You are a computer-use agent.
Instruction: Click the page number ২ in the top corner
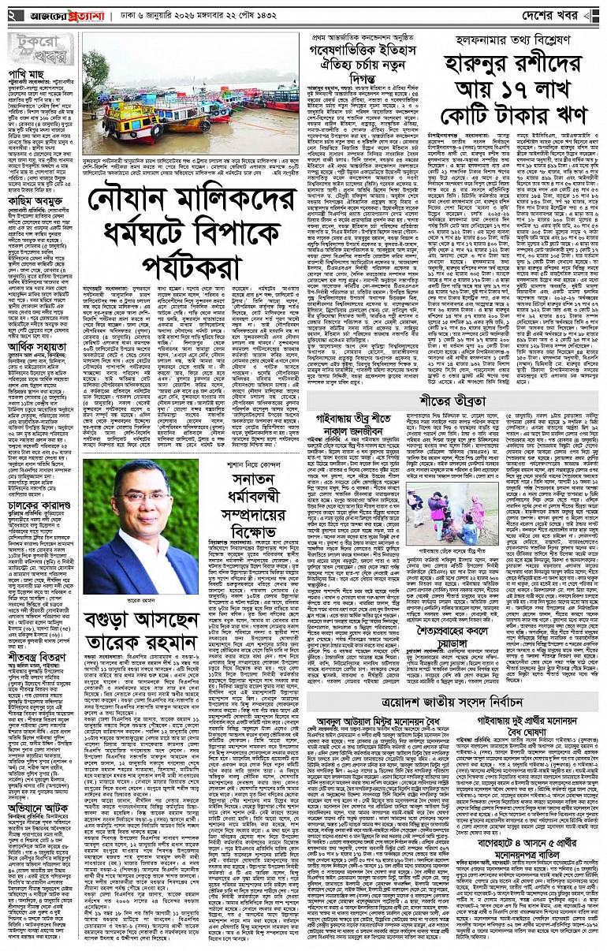[12, 15]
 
